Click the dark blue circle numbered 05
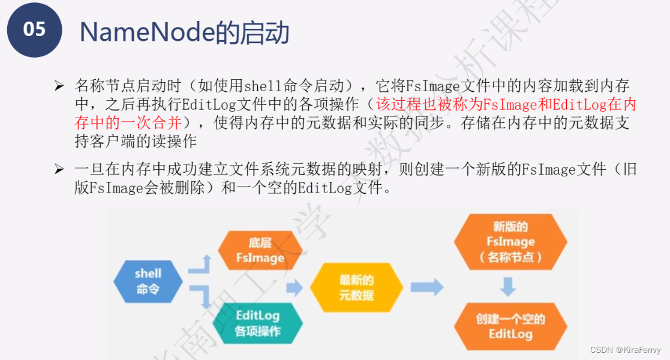35,29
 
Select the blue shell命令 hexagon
148,281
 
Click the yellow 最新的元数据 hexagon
356,287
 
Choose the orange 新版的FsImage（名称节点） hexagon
510,242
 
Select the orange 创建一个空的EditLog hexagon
510,326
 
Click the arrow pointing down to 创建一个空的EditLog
509,286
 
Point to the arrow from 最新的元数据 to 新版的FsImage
426,287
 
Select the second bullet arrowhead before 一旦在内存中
59,170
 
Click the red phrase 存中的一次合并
128,124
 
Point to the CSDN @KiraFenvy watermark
624,350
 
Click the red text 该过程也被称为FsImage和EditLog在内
506,105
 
